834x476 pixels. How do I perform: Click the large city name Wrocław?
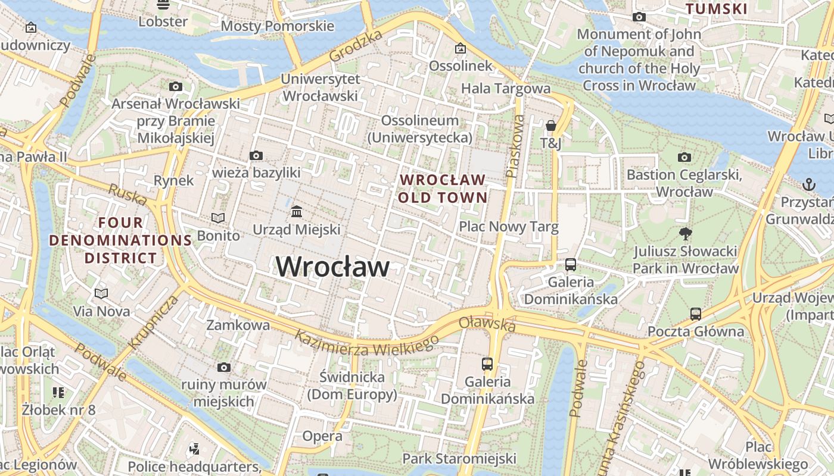pyautogui.click(x=332, y=267)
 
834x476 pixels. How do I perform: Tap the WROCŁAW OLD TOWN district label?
pyautogui.click(x=443, y=188)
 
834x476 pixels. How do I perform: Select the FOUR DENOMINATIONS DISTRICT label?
pyautogui.click(x=120, y=240)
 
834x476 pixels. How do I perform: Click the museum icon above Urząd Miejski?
pyautogui.click(x=296, y=211)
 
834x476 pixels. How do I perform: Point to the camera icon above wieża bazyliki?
pyautogui.click(x=256, y=156)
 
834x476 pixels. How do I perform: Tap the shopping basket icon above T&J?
pyautogui.click(x=551, y=126)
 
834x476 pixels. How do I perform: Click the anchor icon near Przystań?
pyautogui.click(x=808, y=184)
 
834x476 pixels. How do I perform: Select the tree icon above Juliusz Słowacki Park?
pyautogui.click(x=686, y=233)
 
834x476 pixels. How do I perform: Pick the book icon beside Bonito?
pyautogui.click(x=218, y=218)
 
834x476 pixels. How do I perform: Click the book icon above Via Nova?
pyautogui.click(x=101, y=293)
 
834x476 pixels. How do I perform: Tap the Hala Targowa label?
pyautogui.click(x=506, y=88)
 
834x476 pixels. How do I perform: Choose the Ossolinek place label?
pyautogui.click(x=460, y=65)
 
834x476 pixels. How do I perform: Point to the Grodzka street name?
pyautogui.click(x=355, y=46)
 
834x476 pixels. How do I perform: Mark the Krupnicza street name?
pyautogui.click(x=153, y=322)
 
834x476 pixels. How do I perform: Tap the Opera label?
pyautogui.click(x=322, y=436)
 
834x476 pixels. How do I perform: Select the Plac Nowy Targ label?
pyautogui.click(x=508, y=227)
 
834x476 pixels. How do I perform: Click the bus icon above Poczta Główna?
pyautogui.click(x=695, y=314)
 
